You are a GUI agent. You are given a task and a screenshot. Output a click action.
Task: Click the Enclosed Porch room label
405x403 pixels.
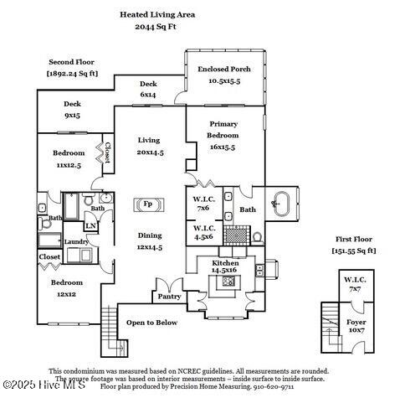[x=223, y=75]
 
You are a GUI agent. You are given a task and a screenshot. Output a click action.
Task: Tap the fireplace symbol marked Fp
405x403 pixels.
[x=147, y=204]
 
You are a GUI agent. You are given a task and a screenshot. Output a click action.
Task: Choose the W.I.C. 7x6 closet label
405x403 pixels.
[x=203, y=203]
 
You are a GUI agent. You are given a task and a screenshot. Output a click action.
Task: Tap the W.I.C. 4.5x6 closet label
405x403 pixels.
[x=203, y=232]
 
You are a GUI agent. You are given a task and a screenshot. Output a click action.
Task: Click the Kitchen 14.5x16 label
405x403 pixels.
[x=225, y=266]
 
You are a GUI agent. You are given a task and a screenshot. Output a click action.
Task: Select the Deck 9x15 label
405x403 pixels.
[x=72, y=109]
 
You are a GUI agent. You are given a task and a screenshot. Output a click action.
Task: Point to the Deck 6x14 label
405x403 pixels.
[x=148, y=89]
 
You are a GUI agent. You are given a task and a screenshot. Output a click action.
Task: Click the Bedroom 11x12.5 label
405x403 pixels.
[x=69, y=158]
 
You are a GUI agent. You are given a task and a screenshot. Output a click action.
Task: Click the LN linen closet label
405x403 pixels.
[x=90, y=226]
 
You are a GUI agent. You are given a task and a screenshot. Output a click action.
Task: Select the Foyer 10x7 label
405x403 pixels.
[x=356, y=325]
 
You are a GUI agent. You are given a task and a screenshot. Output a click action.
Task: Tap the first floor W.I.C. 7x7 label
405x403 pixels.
[x=356, y=284]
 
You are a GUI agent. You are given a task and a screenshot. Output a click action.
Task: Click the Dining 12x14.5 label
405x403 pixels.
[x=149, y=241]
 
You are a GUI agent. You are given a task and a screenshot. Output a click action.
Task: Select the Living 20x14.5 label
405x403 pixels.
[x=149, y=146]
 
